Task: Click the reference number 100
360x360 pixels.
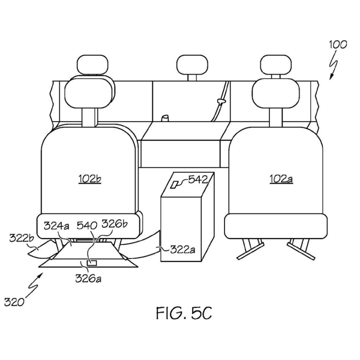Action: click(x=338, y=45)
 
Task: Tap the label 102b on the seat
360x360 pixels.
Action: click(x=90, y=179)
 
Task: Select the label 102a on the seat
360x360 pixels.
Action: click(x=281, y=179)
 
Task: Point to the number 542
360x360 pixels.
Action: click(x=198, y=180)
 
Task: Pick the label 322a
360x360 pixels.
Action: click(x=182, y=250)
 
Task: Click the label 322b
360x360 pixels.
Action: click(x=21, y=238)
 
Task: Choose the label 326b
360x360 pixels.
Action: click(x=114, y=224)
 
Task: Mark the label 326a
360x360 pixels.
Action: click(x=88, y=279)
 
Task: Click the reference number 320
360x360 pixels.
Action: click(x=14, y=302)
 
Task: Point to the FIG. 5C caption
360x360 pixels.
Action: click(x=184, y=313)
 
